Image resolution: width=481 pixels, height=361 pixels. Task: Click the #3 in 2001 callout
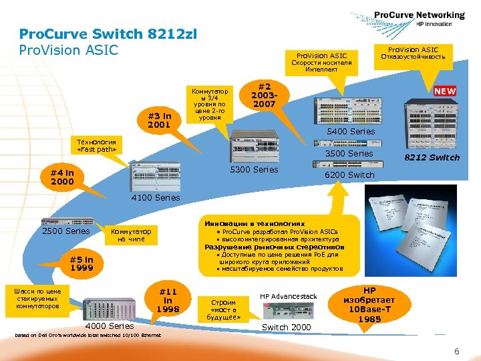click(x=159, y=120)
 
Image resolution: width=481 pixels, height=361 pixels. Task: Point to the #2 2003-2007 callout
click(x=265, y=95)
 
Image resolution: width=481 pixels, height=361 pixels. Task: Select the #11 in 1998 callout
click(x=168, y=300)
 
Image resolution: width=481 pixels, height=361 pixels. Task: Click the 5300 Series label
click(x=254, y=170)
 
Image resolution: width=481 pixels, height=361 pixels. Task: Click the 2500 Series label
click(x=65, y=231)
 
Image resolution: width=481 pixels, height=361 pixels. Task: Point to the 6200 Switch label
click(x=349, y=175)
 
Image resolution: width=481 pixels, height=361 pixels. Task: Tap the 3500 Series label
click(x=349, y=154)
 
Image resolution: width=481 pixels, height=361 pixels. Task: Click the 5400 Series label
click(x=351, y=132)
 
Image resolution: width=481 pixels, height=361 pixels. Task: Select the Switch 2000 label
click(x=286, y=327)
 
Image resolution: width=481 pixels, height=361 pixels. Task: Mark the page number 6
click(x=456, y=352)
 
